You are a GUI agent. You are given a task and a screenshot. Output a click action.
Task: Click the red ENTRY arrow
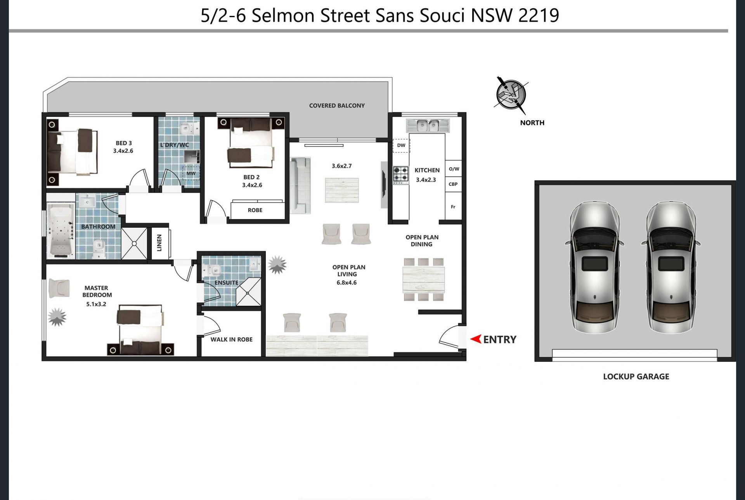pyautogui.click(x=476, y=339)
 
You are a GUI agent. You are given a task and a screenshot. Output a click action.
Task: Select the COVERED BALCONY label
pyautogui.click(x=337, y=106)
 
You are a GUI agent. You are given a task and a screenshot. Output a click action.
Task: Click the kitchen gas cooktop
pyautogui.click(x=401, y=175)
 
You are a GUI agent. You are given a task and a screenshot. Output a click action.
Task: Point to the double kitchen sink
pyautogui.click(x=428, y=125)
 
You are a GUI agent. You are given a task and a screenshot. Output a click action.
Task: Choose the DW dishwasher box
pyautogui.click(x=401, y=145)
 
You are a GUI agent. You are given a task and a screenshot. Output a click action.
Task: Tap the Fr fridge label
pyautogui.click(x=453, y=207)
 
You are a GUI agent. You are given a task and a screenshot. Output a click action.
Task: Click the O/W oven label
pyautogui.click(x=454, y=169)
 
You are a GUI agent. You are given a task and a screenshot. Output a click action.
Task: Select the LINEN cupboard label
pyautogui.click(x=159, y=243)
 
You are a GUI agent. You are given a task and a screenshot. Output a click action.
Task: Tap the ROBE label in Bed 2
pyautogui.click(x=255, y=210)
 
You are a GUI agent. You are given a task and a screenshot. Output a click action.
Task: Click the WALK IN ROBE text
pyautogui.click(x=231, y=339)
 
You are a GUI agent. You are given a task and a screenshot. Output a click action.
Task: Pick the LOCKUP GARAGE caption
pyautogui.click(x=636, y=376)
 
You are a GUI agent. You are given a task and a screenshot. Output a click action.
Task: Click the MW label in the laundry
pyautogui.click(x=191, y=173)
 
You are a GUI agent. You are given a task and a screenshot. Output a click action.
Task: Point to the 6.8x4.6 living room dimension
pyautogui.click(x=347, y=282)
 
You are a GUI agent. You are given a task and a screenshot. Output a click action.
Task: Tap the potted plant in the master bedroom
pyautogui.click(x=57, y=317)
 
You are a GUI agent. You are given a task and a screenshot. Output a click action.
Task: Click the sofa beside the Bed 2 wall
pyautogui.click(x=300, y=185)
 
